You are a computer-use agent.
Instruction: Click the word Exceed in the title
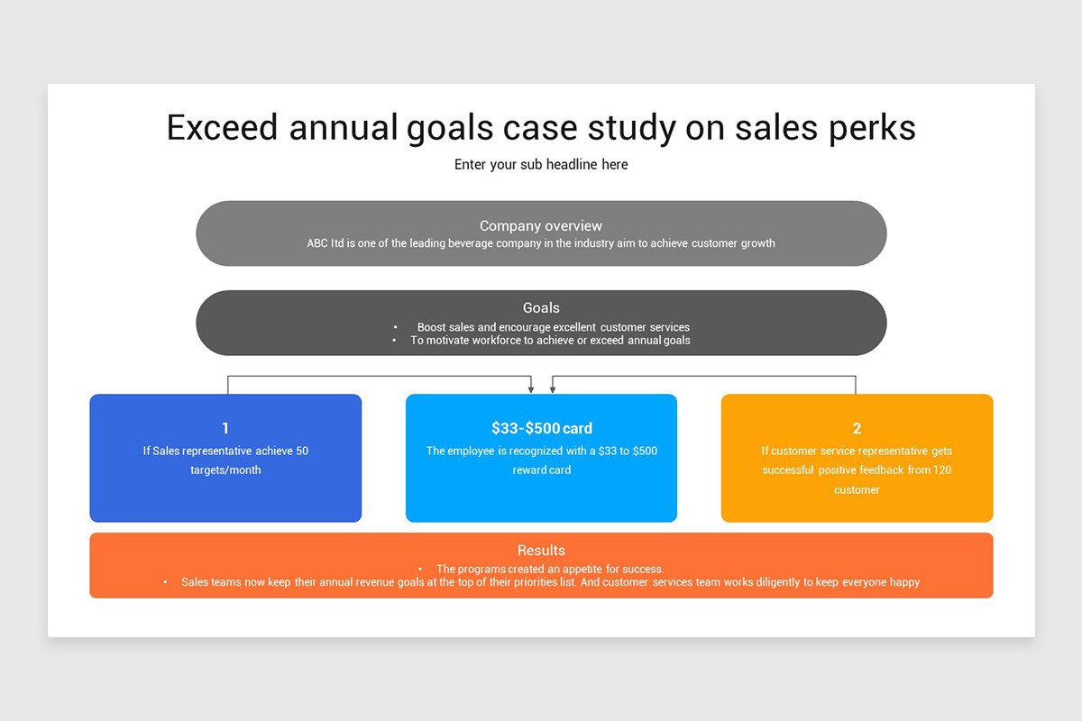(x=223, y=127)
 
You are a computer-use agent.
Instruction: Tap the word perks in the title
(x=871, y=127)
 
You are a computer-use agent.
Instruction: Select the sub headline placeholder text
(x=541, y=164)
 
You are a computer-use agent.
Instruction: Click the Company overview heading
(x=541, y=226)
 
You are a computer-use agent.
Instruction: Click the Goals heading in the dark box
(x=541, y=307)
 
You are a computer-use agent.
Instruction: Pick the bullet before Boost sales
(x=396, y=327)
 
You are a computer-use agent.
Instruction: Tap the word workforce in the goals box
(x=491, y=341)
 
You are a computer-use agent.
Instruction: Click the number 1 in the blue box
(x=225, y=428)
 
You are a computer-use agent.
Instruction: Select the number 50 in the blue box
(x=302, y=451)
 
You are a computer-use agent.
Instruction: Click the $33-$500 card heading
(x=541, y=428)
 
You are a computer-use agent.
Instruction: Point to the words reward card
(x=541, y=470)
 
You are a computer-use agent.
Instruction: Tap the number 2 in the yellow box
(x=857, y=428)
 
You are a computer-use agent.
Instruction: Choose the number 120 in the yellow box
(x=942, y=470)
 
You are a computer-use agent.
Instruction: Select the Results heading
(x=541, y=550)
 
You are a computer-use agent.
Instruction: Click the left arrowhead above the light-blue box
(x=531, y=389)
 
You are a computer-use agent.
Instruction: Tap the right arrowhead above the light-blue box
(x=552, y=389)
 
